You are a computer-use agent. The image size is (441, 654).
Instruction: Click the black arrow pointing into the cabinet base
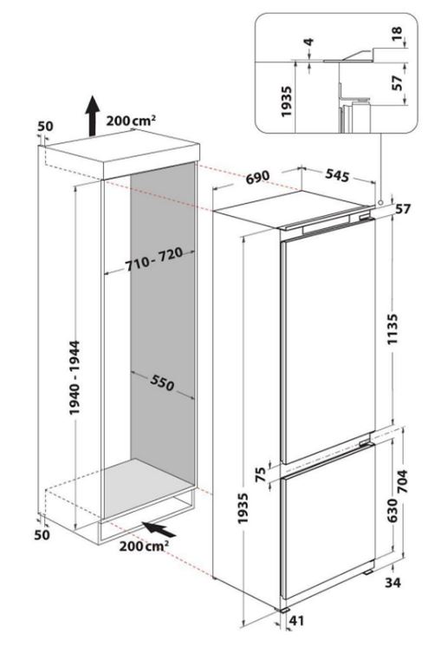click(159, 529)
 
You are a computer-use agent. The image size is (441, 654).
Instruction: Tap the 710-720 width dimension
click(154, 258)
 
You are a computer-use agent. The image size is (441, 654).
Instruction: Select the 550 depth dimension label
click(161, 383)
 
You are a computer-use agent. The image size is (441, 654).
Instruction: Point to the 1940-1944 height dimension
click(75, 378)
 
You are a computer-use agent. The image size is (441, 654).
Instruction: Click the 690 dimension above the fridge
click(258, 177)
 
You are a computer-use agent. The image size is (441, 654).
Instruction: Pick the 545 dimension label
click(337, 175)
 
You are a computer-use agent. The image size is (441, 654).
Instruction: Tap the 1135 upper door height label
click(392, 330)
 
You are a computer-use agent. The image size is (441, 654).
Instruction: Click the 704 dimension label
click(403, 481)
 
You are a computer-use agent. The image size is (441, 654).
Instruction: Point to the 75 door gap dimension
click(260, 475)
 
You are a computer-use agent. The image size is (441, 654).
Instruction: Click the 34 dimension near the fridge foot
click(392, 582)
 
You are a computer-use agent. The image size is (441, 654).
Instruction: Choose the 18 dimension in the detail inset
click(397, 34)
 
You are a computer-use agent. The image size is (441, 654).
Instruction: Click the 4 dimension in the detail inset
click(308, 42)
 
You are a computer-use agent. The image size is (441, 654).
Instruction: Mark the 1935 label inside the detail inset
click(287, 101)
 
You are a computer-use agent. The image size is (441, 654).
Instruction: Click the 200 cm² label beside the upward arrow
click(131, 121)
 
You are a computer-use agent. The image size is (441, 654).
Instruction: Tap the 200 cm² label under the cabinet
click(144, 546)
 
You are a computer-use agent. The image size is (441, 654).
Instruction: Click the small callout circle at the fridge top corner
click(379, 203)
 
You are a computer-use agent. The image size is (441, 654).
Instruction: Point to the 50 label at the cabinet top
click(45, 126)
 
